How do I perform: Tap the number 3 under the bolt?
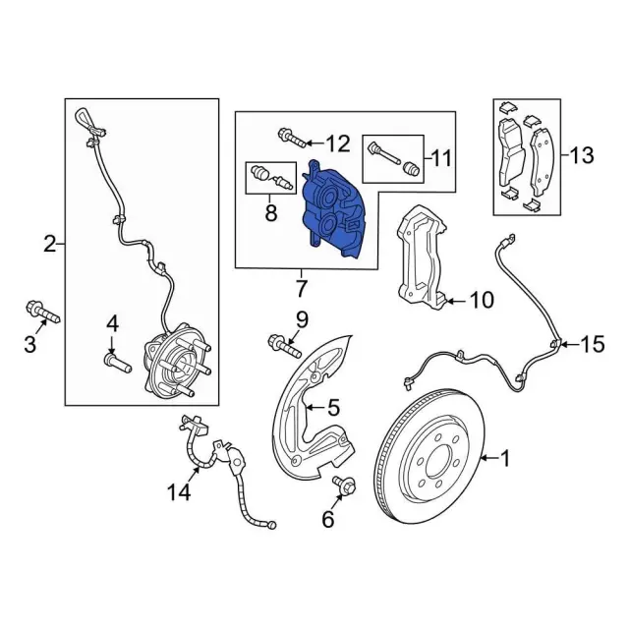tap(29, 344)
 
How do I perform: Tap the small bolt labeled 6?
tap(346, 486)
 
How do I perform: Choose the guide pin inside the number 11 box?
tap(393, 158)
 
